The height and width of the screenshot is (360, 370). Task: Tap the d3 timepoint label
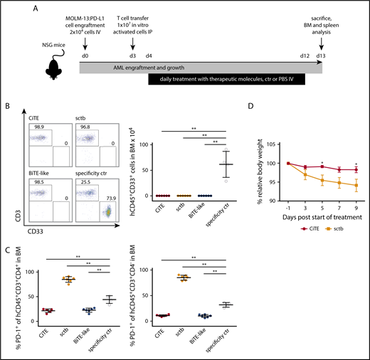[133, 55]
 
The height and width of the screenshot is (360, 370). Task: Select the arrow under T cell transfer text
[133, 44]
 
